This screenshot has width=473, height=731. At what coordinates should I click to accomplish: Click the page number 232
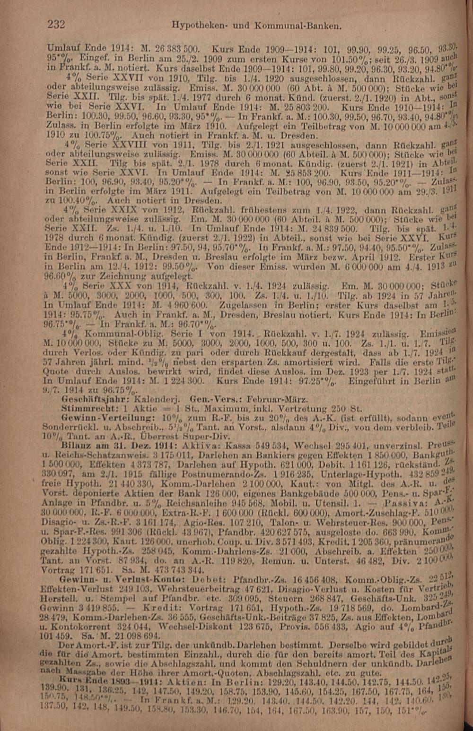click(x=56, y=24)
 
